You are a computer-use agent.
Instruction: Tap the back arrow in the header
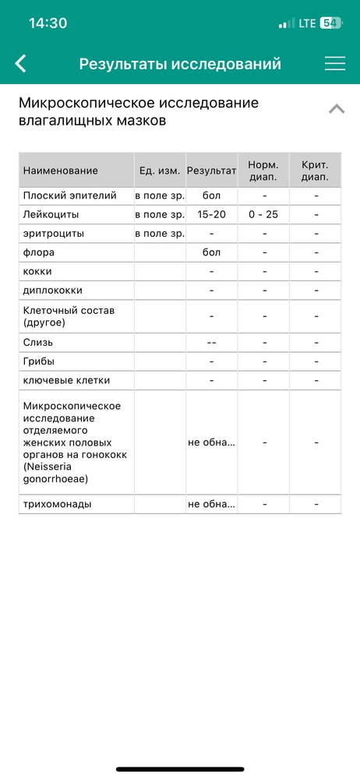(21, 64)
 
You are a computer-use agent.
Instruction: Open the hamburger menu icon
(335, 64)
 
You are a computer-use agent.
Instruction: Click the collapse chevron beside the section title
(337, 109)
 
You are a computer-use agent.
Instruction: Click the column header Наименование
(61, 171)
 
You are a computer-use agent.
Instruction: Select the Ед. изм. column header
(160, 171)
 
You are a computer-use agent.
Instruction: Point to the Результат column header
(211, 171)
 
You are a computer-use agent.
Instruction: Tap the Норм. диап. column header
(263, 171)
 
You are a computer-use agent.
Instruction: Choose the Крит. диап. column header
(315, 171)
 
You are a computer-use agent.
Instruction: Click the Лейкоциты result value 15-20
(211, 214)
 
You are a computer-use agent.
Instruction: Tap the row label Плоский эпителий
(70, 196)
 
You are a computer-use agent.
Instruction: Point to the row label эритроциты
(54, 234)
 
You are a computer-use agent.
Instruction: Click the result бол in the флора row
(211, 252)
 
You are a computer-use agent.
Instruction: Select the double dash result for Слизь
(211, 343)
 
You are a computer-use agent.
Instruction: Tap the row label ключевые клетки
(67, 381)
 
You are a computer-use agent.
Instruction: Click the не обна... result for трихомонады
(211, 504)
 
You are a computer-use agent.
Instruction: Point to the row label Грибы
(39, 361)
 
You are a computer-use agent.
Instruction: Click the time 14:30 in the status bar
(48, 23)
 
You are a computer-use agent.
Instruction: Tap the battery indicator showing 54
(330, 23)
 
